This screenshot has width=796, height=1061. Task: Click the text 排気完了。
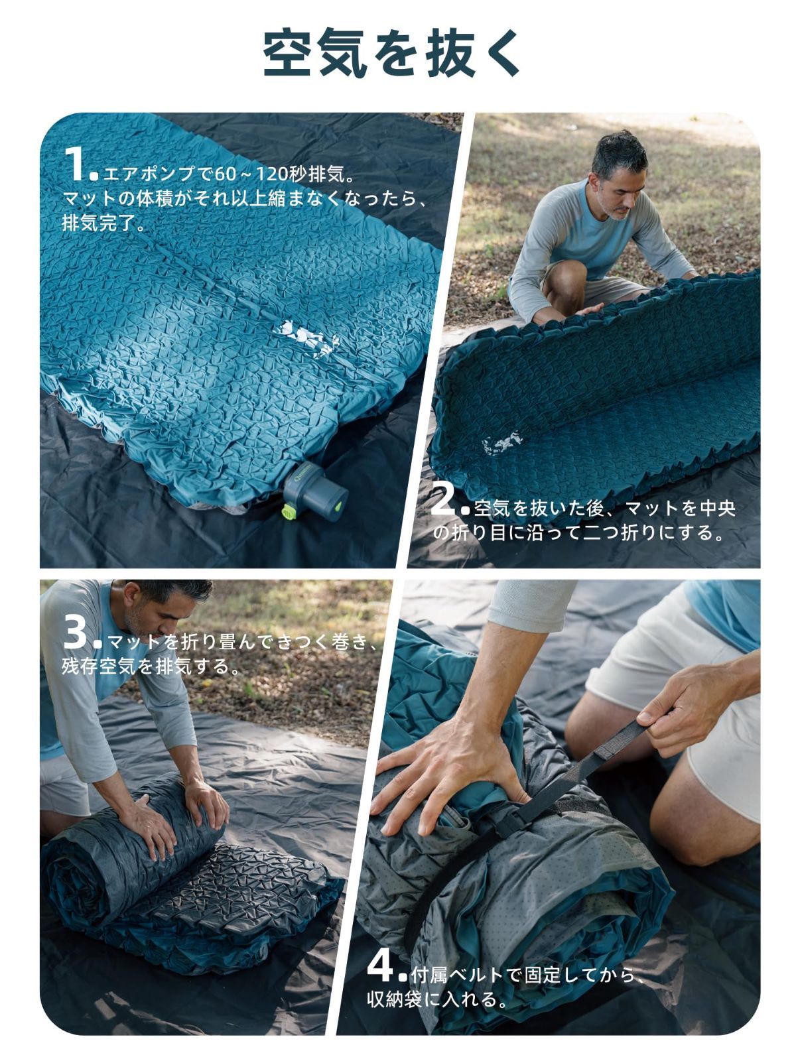(x=103, y=222)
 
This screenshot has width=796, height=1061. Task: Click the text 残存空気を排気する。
(x=151, y=666)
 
